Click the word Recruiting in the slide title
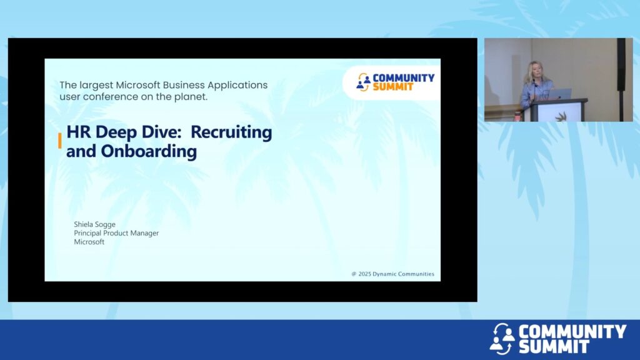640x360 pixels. [231, 132]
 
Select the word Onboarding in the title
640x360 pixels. [149, 151]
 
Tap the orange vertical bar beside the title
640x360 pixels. [60, 141]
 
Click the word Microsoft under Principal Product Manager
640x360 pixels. [89, 242]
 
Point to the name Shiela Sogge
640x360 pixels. [95, 224]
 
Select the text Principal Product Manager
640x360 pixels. [116, 233]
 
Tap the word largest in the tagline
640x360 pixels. [96, 86]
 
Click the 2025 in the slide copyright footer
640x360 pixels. [364, 274]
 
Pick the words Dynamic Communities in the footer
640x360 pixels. [403, 274]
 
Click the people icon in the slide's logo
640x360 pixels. [363, 82]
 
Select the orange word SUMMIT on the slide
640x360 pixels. [393, 87]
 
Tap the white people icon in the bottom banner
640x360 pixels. [502, 339]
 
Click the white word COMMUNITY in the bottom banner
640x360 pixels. [572, 331]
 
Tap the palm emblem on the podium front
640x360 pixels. [561, 116]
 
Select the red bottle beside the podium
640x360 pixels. [518, 116]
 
